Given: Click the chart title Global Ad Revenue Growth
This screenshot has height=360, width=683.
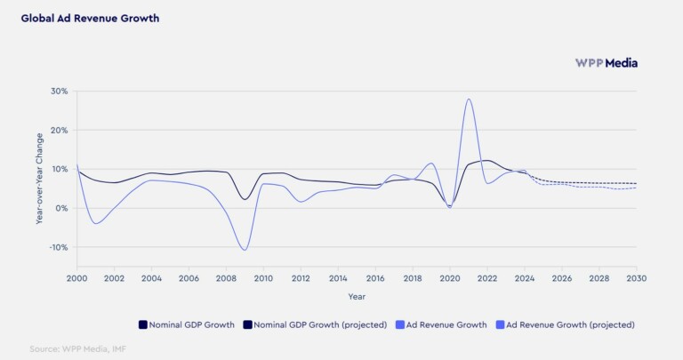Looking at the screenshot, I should point(90,18).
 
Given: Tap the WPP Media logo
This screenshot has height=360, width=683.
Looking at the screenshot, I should point(606,63).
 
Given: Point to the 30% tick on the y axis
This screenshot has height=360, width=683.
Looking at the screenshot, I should point(59,91).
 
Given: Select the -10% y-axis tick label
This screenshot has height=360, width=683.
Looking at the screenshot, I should point(58,247).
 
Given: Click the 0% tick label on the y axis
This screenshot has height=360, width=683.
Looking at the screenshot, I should point(61,208).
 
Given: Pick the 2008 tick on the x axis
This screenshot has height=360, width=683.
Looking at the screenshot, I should point(226,278).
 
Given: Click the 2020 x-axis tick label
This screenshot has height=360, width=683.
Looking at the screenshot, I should point(449,278).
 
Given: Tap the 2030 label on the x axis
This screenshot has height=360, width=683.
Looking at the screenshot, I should point(636,278).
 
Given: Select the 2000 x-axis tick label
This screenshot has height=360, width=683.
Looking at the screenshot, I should point(76,278).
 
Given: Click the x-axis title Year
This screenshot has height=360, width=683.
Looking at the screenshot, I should point(356,296).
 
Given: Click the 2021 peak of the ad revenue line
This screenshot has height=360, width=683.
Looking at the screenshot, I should point(469,99).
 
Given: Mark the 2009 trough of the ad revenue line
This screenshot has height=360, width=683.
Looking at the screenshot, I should point(244,250).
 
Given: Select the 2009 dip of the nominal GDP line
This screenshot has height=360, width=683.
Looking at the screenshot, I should point(245,199).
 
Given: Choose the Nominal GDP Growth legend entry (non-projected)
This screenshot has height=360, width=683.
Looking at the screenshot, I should point(187,324).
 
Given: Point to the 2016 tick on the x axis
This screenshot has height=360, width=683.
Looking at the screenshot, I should point(375,278).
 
